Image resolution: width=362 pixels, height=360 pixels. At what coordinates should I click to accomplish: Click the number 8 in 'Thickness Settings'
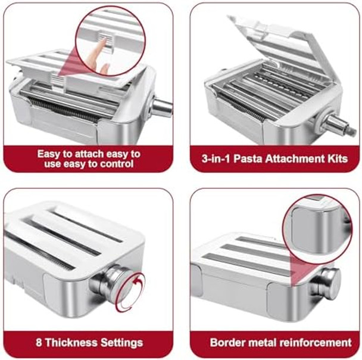39,342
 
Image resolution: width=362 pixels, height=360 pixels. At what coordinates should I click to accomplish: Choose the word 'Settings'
121,342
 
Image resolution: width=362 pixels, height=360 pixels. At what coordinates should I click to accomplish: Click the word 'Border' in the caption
227,342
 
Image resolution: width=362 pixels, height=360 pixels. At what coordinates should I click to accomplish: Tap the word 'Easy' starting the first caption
49,153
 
